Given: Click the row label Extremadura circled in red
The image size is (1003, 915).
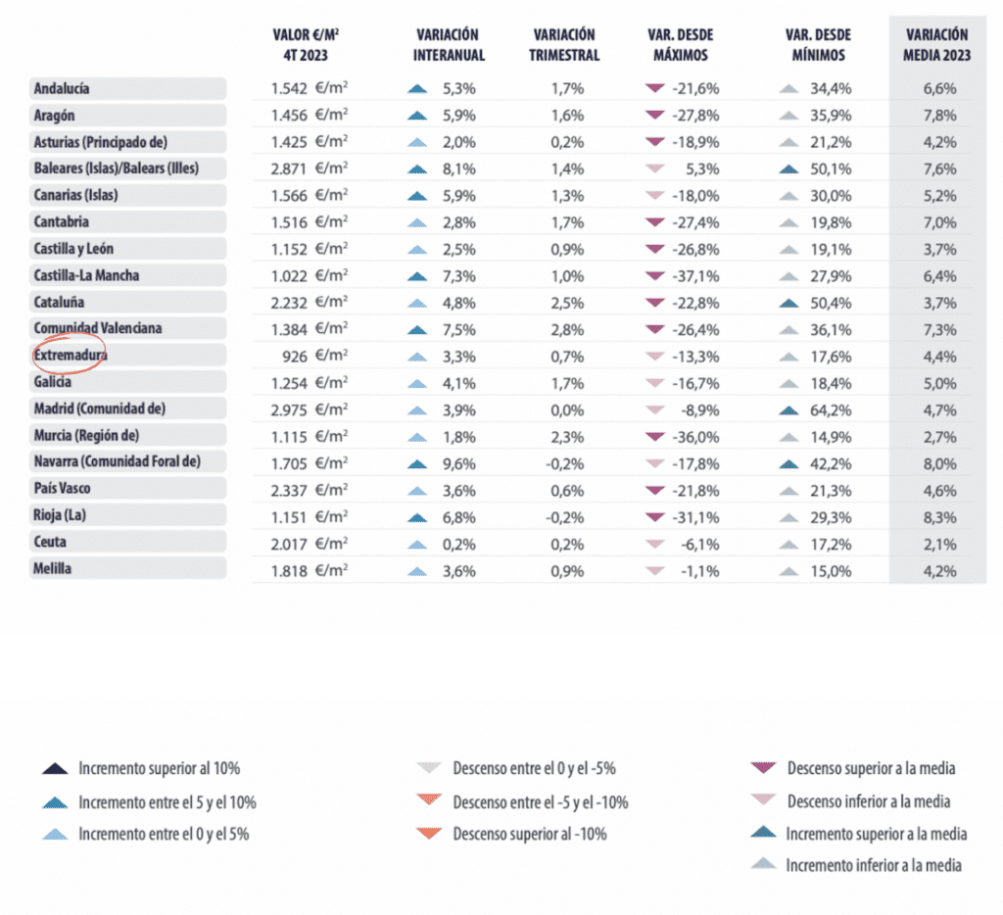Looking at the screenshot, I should coord(70,355).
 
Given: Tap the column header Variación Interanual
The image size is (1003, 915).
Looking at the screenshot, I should coord(449,45).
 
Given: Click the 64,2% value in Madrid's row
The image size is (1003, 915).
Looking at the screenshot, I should coord(831,408).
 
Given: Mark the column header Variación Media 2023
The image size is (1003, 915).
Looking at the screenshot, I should coord(937,45).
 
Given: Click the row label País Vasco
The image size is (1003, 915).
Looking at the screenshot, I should coord(63,488).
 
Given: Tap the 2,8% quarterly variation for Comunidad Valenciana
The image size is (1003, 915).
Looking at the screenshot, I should coord(567,328).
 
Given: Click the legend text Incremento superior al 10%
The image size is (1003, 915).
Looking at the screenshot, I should coord(160,768).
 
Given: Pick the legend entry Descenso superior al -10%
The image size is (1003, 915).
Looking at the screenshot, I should coord(530,835).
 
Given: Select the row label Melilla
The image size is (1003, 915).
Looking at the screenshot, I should coord(53,568).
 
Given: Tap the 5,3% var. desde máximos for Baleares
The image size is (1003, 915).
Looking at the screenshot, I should coord(696,169).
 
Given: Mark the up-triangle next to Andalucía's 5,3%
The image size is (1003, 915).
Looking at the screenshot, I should coord(417,88).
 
